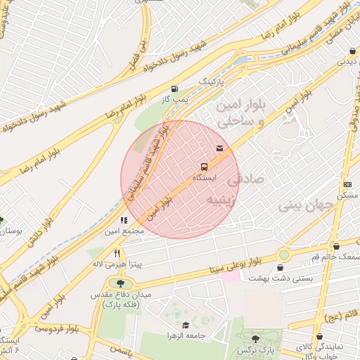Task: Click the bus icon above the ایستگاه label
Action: (x=204, y=167)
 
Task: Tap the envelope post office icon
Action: (x=220, y=148)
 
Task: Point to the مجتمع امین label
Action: (x=124, y=231)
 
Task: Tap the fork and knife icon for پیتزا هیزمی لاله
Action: (x=117, y=253)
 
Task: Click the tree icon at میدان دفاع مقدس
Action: (x=113, y=283)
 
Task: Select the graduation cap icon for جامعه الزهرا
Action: (x=186, y=325)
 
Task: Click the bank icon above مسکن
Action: (x=347, y=184)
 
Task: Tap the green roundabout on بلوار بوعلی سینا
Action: (x=284, y=254)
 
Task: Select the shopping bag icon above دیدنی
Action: (x=352, y=51)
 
